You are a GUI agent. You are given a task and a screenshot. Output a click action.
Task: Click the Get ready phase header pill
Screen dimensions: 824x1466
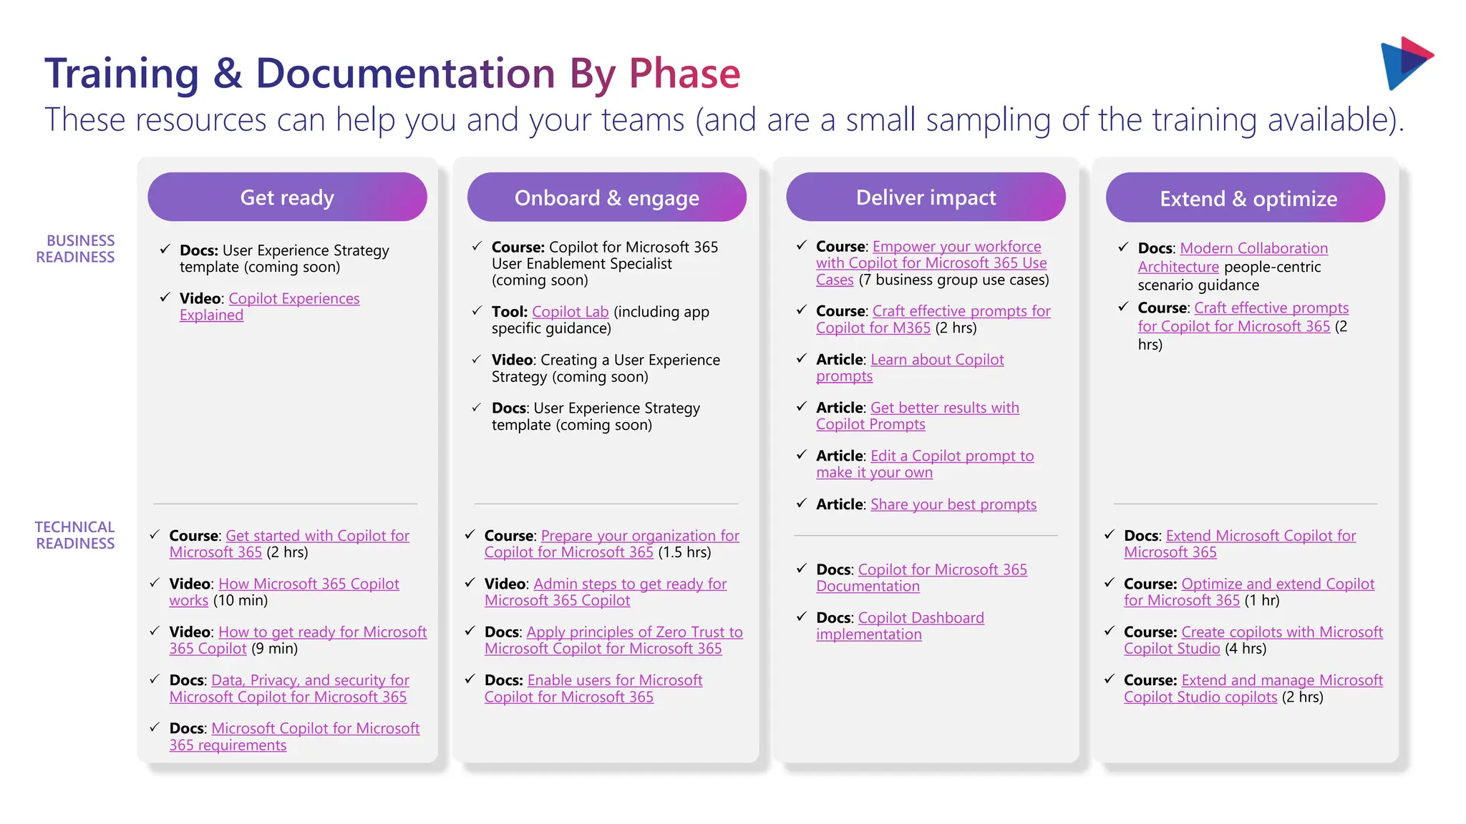(287, 197)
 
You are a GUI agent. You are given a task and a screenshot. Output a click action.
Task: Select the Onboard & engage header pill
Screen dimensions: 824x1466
(606, 198)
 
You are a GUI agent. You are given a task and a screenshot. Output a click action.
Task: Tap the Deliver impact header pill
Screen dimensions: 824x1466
(926, 197)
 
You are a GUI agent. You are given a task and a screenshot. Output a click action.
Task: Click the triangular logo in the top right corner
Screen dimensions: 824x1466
(1404, 63)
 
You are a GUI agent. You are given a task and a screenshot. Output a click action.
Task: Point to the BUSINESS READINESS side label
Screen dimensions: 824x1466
(76, 249)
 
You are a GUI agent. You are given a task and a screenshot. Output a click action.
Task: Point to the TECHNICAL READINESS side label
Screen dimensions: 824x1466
(75, 535)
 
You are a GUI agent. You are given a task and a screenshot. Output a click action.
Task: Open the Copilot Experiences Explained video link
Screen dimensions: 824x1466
(293, 299)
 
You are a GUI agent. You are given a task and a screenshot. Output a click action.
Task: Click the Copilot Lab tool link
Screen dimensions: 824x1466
(570, 312)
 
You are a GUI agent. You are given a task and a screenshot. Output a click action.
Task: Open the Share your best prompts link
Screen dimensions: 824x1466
(953, 505)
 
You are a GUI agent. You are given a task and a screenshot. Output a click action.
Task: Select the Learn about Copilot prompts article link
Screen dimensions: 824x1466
(936, 360)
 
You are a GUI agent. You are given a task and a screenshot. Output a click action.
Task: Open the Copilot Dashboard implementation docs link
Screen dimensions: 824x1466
(921, 618)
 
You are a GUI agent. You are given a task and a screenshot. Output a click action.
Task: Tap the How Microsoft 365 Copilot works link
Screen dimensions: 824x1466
(308, 584)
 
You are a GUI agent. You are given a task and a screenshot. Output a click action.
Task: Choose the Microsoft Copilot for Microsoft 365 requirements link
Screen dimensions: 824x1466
(315, 729)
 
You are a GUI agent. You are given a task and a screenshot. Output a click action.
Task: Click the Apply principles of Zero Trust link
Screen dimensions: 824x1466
(634, 632)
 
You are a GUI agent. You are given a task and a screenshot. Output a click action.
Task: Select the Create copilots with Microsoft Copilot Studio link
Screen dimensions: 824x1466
(1281, 632)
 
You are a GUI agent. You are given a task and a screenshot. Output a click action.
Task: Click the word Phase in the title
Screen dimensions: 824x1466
(684, 74)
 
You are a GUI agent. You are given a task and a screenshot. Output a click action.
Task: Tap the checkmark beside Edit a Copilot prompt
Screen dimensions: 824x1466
(802, 455)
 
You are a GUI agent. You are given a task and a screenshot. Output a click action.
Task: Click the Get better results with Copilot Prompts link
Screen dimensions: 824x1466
(944, 408)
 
